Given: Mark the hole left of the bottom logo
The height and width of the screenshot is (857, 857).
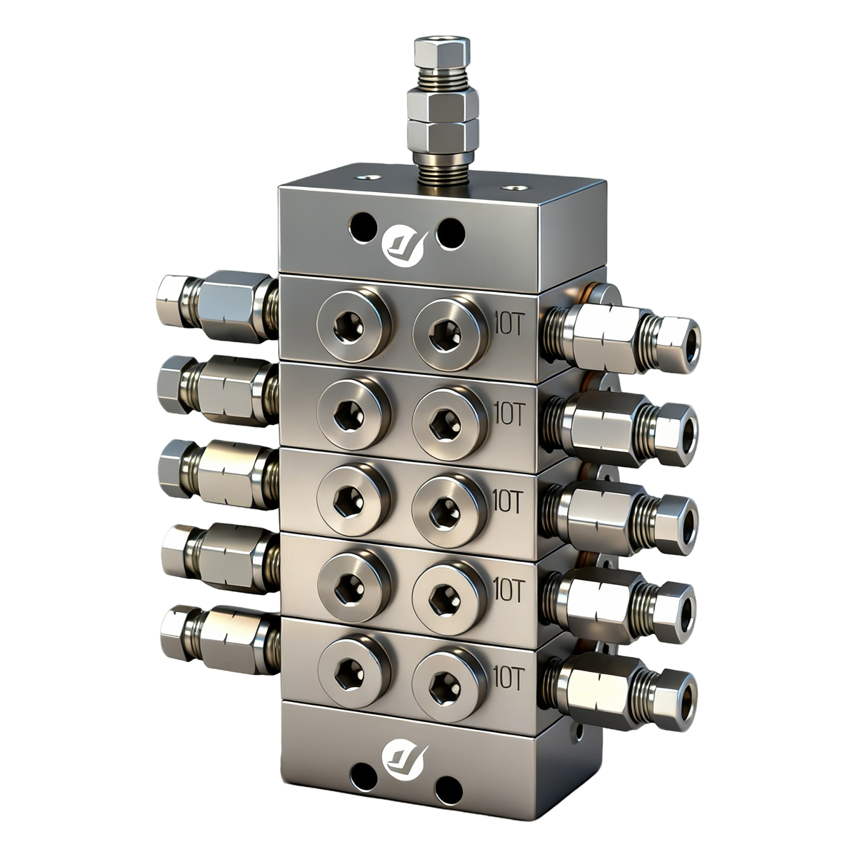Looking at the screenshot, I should (364, 774).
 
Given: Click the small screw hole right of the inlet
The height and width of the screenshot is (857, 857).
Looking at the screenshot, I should (513, 189).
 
